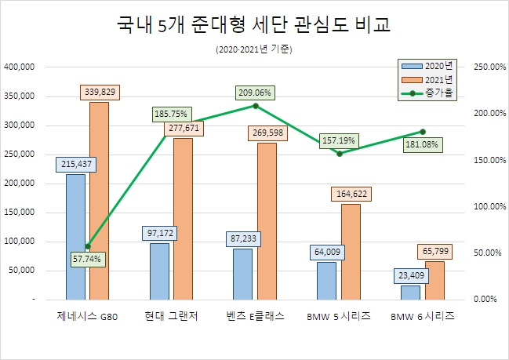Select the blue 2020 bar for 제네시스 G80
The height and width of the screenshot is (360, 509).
pyautogui.click(x=75, y=236)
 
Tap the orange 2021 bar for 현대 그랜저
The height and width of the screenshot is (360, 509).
pyautogui.click(x=183, y=219)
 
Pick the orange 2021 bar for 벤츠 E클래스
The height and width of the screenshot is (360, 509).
pyautogui.click(x=267, y=220)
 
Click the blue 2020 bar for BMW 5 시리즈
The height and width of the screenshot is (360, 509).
pyautogui.click(x=326, y=280)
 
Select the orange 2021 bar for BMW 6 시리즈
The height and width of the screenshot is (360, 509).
pyautogui.click(x=434, y=279)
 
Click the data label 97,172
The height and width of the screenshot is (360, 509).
pyautogui.click(x=158, y=231)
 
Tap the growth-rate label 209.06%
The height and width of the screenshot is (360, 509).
pyautogui.click(x=256, y=93)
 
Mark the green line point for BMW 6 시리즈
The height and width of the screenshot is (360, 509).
pyautogui.click(x=423, y=132)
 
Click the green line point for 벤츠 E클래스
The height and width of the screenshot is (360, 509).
pyautogui.click(x=256, y=105)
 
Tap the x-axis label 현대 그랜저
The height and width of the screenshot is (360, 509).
pyautogui.click(x=171, y=316)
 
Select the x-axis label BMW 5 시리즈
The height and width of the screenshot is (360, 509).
pyautogui.click(x=339, y=316)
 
